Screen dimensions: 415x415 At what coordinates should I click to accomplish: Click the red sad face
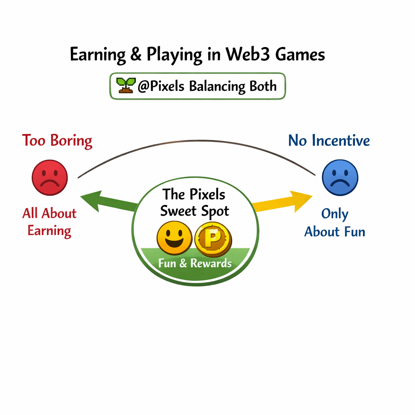[50, 178]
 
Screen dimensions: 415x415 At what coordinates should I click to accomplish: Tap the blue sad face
[340, 178]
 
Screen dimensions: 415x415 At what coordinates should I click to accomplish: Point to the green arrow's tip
[82, 197]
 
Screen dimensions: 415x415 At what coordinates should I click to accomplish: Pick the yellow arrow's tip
[311, 196]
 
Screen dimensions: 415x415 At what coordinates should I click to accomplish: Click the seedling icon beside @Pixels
[126, 85]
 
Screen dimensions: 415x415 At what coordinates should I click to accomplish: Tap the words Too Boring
[57, 141]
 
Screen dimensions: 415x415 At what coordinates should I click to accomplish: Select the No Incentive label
[329, 141]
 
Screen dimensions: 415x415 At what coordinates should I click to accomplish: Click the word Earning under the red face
[49, 231]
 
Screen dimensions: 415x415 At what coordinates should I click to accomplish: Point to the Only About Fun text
[335, 223]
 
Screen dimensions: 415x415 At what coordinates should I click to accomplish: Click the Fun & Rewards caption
[195, 263]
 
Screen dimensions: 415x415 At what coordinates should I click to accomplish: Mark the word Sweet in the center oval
[180, 211]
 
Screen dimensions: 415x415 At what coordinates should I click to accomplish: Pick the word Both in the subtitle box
[263, 86]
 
